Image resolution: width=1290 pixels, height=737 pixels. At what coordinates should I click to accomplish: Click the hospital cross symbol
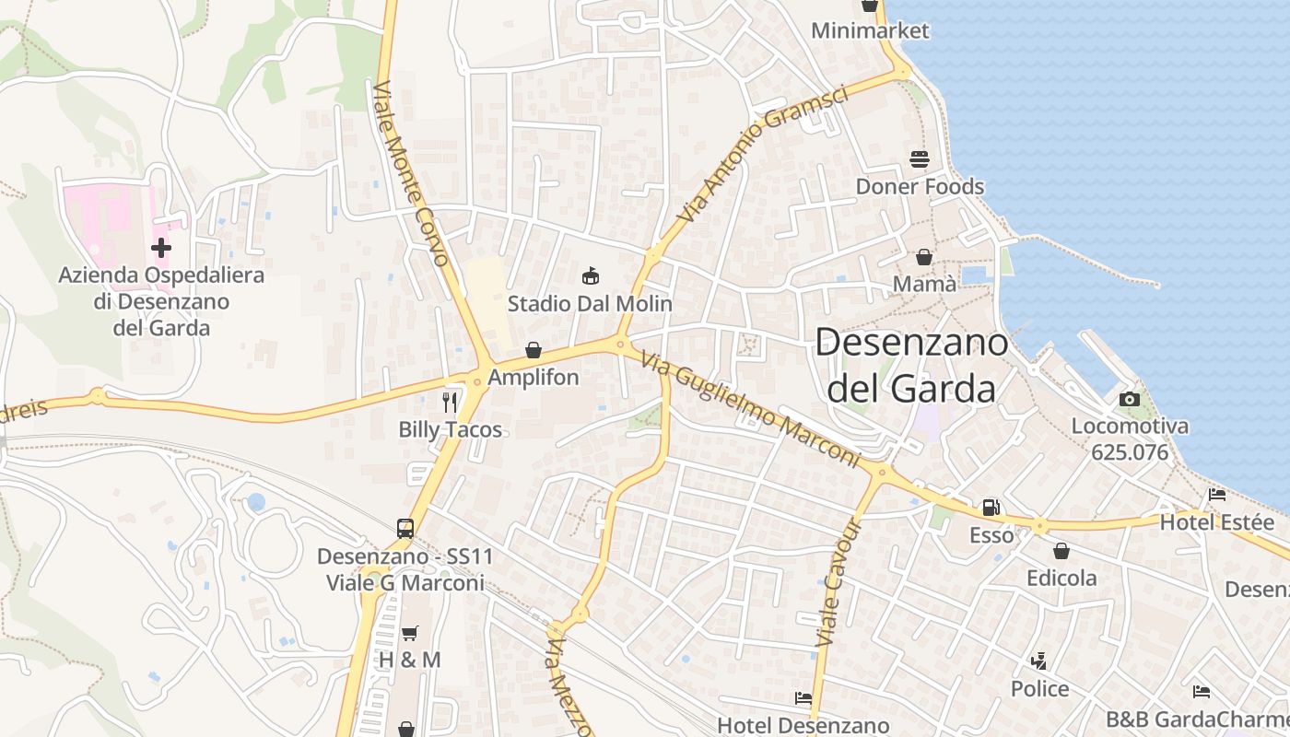point(161,247)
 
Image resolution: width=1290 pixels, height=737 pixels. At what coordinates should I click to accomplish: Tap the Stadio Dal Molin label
point(590,303)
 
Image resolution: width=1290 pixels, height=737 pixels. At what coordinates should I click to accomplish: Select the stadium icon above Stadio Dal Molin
point(590,275)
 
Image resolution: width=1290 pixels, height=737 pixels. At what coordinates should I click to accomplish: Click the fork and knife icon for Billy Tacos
point(450,402)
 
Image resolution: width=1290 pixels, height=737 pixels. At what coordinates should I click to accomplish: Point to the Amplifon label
point(534,377)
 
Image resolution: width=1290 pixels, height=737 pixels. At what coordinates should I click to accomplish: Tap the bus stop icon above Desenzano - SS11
point(405,528)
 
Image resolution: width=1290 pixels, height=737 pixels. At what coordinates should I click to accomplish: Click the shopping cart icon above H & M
point(409,633)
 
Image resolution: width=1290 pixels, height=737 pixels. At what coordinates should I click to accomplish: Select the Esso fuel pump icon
point(991,507)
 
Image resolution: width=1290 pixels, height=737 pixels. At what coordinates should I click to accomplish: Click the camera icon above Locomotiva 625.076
point(1129,399)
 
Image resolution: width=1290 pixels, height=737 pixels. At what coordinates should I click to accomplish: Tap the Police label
point(1039,689)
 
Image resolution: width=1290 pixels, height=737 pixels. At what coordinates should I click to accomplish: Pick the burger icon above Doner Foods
point(920,159)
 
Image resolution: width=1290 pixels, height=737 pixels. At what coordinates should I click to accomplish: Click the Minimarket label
point(870,30)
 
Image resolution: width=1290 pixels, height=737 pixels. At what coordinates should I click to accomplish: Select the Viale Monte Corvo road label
point(411,173)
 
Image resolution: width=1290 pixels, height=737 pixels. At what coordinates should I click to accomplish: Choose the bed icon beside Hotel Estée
point(1216,495)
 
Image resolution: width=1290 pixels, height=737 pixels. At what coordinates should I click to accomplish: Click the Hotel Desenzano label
point(803,725)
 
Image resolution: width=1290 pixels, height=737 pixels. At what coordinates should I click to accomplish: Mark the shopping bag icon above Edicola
point(1061,551)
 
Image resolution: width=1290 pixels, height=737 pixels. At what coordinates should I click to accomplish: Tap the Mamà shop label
point(924,284)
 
